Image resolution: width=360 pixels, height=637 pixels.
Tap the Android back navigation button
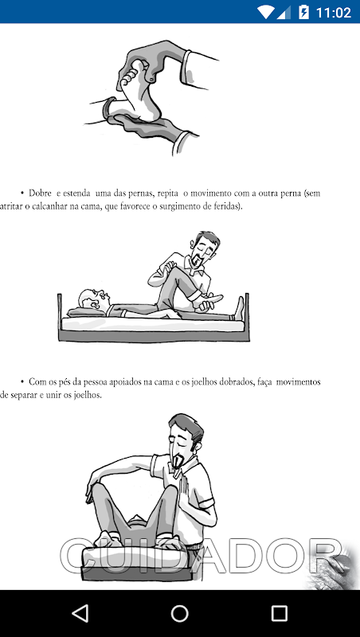tap(80, 613)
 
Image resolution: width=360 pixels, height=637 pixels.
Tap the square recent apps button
tap(279, 613)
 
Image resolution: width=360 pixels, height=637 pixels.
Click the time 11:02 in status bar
tap(333, 12)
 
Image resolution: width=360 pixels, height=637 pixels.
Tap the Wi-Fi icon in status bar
tap(266, 12)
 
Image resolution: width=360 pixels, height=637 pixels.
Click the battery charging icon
tap(303, 12)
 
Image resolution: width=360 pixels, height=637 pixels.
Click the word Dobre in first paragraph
tap(40, 193)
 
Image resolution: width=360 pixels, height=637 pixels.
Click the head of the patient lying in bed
tap(92, 300)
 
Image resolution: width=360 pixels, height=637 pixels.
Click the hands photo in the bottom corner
tap(333, 567)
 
